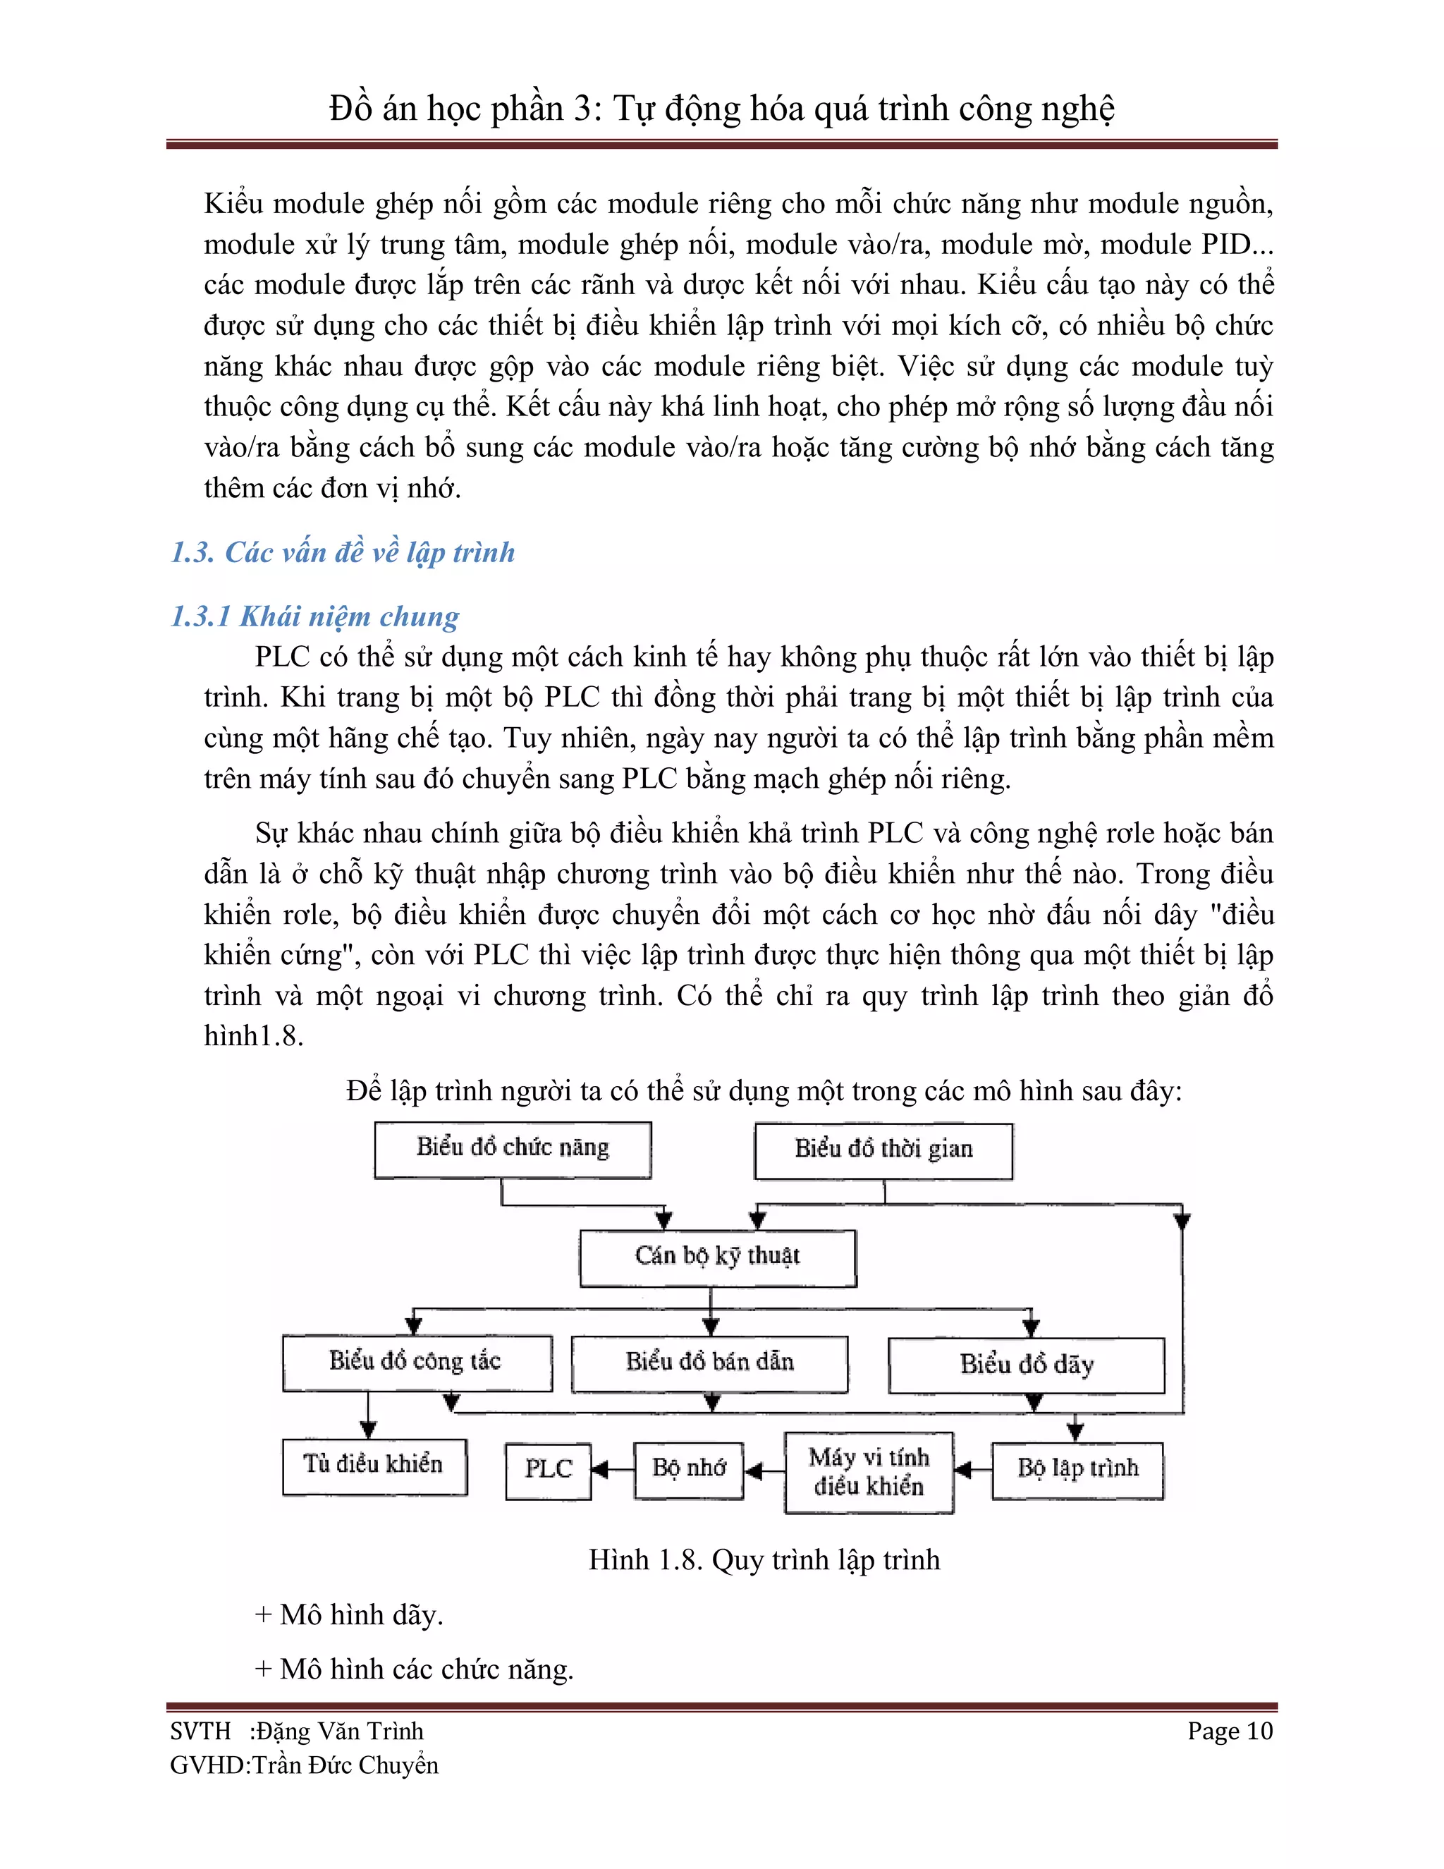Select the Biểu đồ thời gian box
tap(883, 1151)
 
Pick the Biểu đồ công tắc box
tap(417, 1363)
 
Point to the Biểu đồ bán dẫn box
tap(709, 1363)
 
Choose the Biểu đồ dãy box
tap(1026, 1365)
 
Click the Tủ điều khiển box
tap(374, 1466)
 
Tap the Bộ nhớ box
tap(689, 1469)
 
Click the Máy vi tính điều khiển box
tap(868, 1472)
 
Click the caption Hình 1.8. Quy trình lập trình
tap(764, 1560)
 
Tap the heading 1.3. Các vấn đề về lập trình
tap(343, 553)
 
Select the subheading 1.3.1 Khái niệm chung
tap(314, 616)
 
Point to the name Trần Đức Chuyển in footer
tap(345, 1765)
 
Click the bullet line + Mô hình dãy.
tap(349, 1615)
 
